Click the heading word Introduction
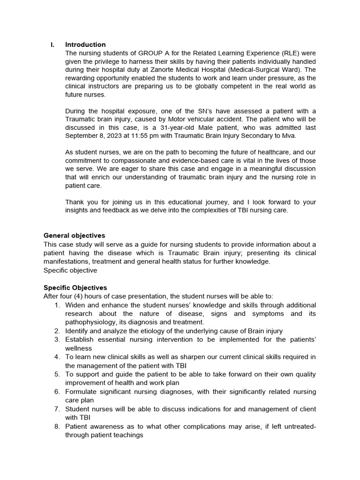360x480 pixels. pos(85,45)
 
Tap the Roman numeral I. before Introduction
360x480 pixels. pos(52,45)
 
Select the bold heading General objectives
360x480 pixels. pos(74,235)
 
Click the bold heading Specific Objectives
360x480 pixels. pos(75,288)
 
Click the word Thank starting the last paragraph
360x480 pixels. pos(75,202)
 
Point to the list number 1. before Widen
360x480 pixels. pos(57,305)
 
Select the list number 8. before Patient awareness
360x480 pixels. pos(57,427)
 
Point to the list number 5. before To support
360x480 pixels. pos(57,375)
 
